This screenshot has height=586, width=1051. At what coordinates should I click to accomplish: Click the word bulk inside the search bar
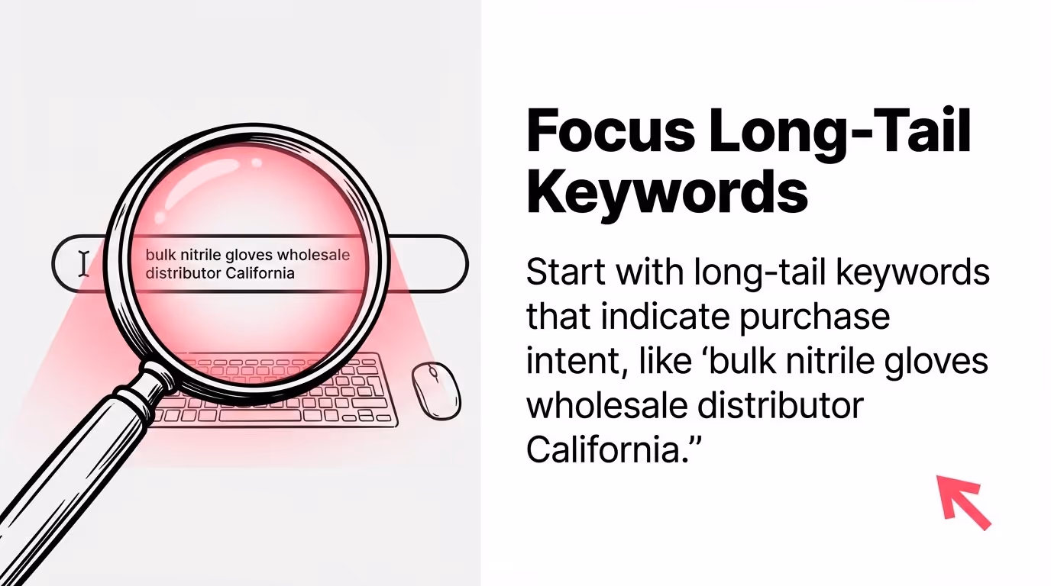coord(160,255)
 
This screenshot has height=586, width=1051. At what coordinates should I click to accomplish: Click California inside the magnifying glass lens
coord(260,273)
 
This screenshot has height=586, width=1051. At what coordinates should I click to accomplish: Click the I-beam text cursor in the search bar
coord(83,263)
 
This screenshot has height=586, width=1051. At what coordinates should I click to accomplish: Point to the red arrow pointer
coord(962,501)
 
